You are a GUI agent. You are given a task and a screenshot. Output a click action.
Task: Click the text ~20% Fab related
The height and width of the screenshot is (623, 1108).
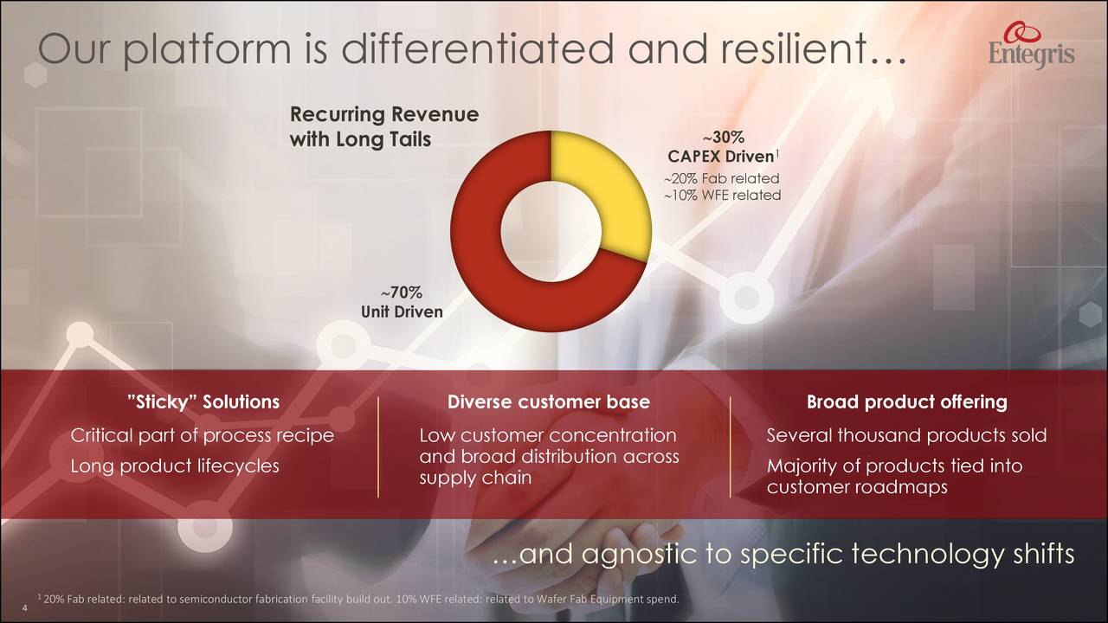tap(722, 178)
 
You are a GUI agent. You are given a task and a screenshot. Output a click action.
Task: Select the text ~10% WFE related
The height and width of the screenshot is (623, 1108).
tap(722, 196)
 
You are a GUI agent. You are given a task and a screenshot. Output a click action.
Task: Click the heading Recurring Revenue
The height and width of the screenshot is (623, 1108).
tap(383, 115)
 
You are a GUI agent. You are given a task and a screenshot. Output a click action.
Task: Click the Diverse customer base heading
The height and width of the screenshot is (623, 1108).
tap(548, 401)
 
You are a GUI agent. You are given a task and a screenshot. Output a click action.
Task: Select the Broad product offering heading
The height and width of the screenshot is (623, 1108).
tap(906, 401)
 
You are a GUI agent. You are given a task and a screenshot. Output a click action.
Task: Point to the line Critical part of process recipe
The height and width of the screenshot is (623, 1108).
tap(202, 435)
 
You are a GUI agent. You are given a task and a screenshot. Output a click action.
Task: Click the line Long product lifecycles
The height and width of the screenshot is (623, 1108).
tap(174, 466)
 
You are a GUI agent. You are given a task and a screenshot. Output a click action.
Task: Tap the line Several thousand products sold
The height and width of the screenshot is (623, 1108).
tap(906, 435)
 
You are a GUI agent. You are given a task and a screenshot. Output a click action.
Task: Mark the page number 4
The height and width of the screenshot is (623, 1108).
tap(24, 609)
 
